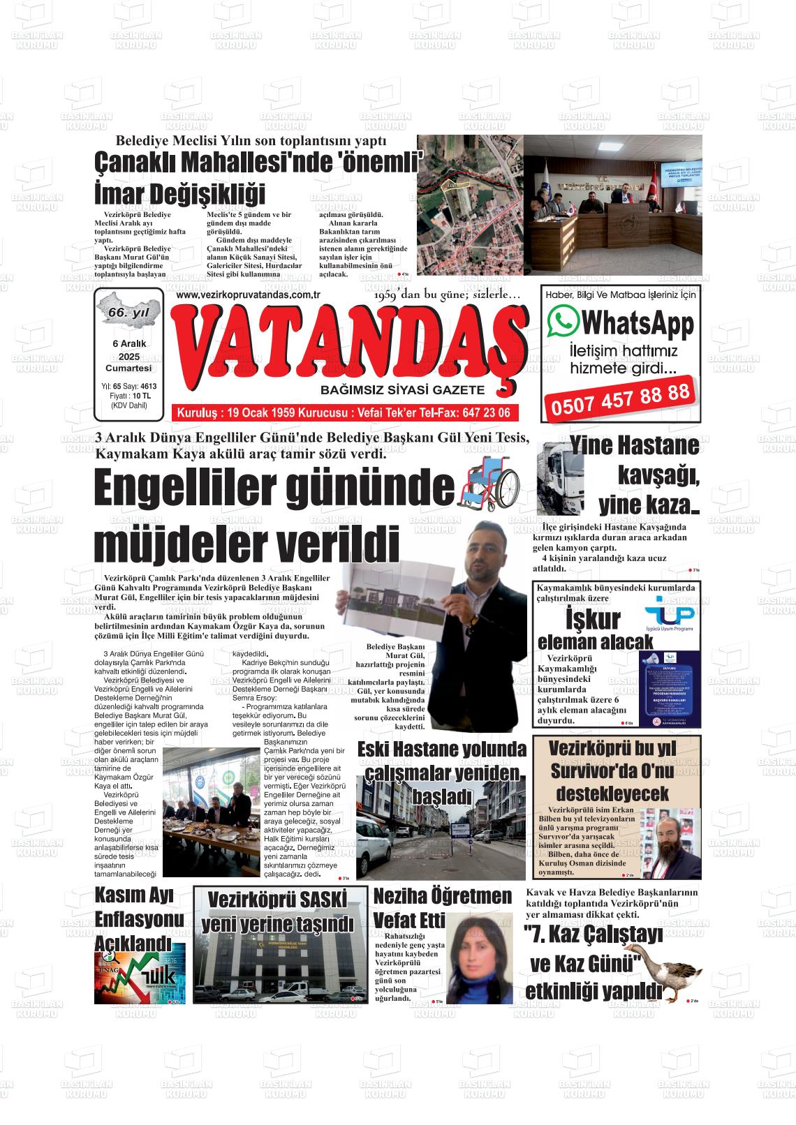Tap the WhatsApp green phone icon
[x=563, y=322]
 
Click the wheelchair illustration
[x=489, y=482]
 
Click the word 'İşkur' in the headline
[x=592, y=620]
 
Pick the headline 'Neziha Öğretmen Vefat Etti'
[x=443, y=906]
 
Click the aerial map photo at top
[x=470, y=206]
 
